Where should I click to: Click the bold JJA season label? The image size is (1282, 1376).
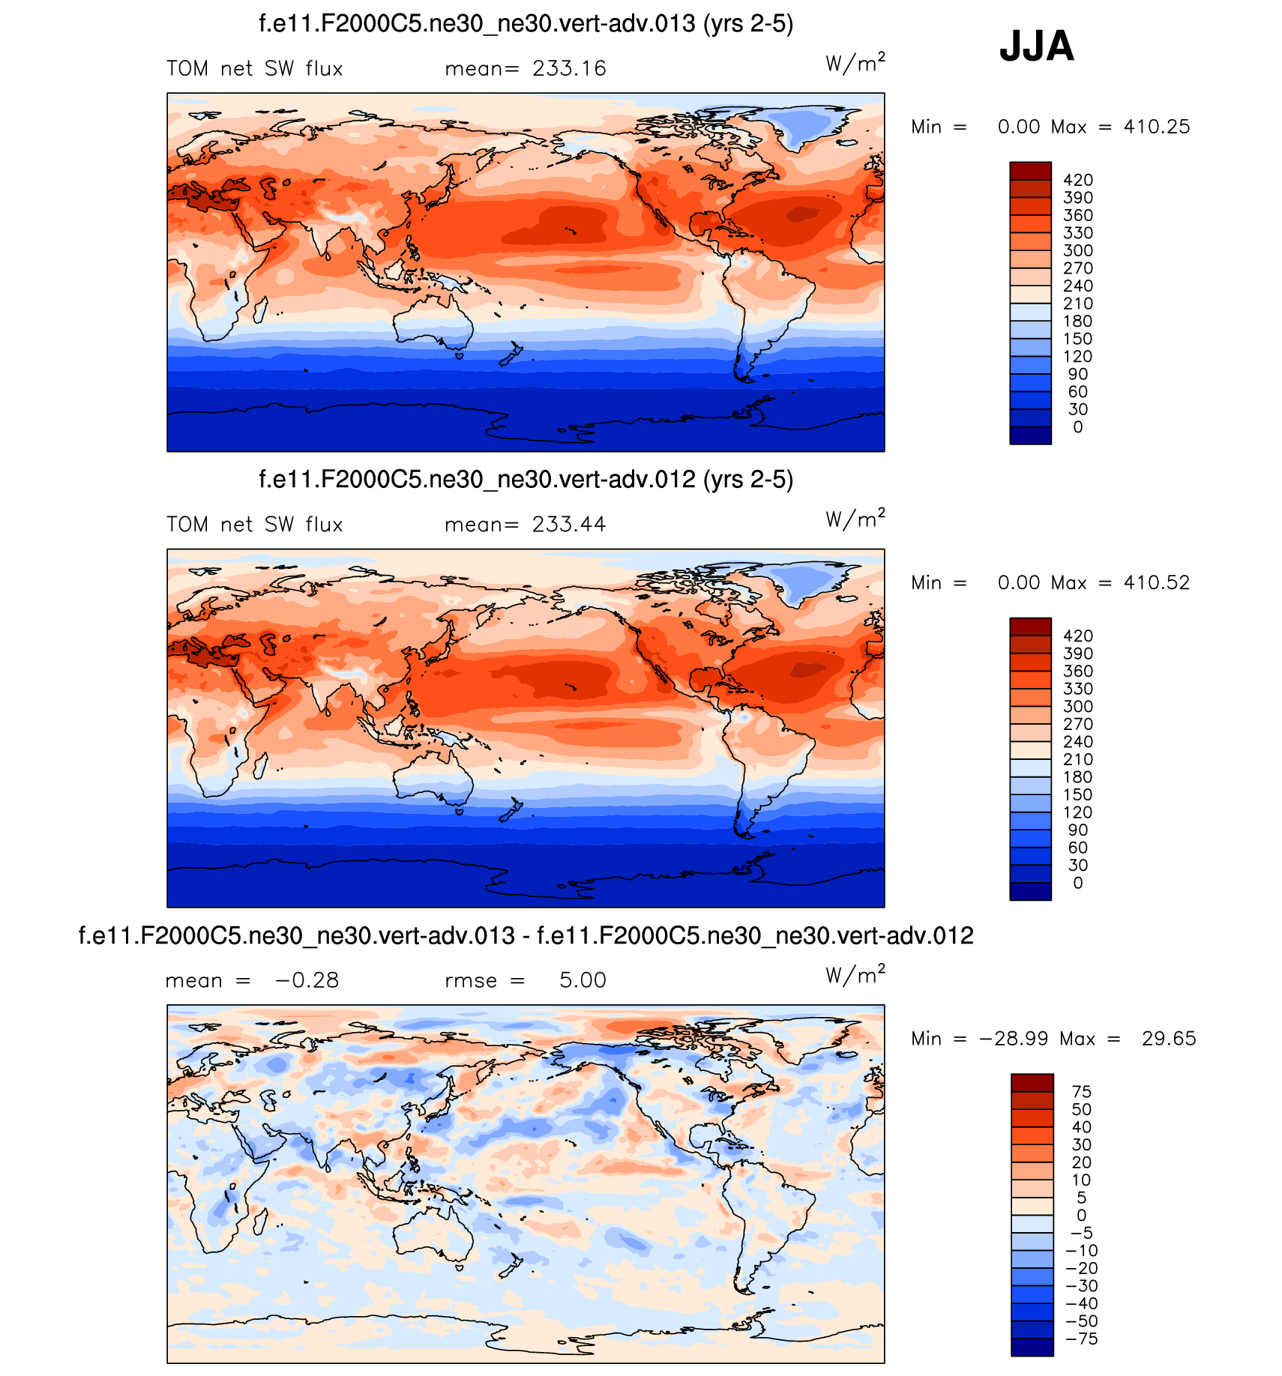click(x=1036, y=46)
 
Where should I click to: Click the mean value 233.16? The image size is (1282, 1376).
click(x=569, y=69)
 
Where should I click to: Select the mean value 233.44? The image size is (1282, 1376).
click(x=569, y=525)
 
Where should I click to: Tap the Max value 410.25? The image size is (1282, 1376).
click(x=1156, y=127)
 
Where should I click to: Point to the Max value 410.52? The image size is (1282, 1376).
click(x=1156, y=582)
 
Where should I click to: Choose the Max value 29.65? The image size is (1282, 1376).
click(x=1168, y=1039)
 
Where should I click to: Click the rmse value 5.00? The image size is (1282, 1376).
click(x=583, y=980)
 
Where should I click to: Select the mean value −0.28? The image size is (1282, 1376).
click(x=307, y=980)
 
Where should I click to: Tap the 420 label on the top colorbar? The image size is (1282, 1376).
click(x=1078, y=180)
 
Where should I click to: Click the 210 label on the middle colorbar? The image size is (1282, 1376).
click(x=1078, y=759)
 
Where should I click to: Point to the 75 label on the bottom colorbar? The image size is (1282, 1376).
click(x=1081, y=1092)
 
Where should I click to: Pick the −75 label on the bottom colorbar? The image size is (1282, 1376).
click(x=1081, y=1339)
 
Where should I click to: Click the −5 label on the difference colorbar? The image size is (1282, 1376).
click(x=1081, y=1233)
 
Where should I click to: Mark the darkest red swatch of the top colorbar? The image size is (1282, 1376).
click(x=1030, y=171)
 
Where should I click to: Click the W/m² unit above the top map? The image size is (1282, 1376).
click(x=855, y=63)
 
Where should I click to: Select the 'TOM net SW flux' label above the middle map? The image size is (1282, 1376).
click(x=254, y=525)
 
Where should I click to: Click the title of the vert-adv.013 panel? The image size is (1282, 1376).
click(x=526, y=24)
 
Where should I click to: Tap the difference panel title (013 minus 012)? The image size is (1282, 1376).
click(x=526, y=936)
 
